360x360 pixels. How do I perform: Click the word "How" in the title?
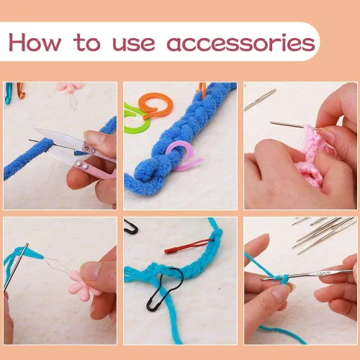pyautogui.click(x=35, y=42)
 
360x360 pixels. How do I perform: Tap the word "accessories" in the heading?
pyautogui.click(x=240, y=42)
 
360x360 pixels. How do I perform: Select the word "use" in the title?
pyautogui.click(x=134, y=43)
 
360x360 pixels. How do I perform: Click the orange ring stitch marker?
pyautogui.click(x=156, y=106)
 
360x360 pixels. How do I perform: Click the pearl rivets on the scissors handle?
pyautogui.click(x=81, y=165)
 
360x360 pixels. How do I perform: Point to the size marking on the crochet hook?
pyautogui.click(x=324, y=273)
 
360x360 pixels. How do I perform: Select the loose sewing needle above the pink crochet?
pyautogui.click(x=260, y=100)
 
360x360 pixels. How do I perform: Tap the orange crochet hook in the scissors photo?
pyautogui.click(x=19, y=89)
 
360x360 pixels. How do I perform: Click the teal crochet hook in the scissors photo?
pyautogui.click(x=9, y=91)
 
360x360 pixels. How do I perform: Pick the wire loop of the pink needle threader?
pyautogui.click(x=58, y=264)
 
